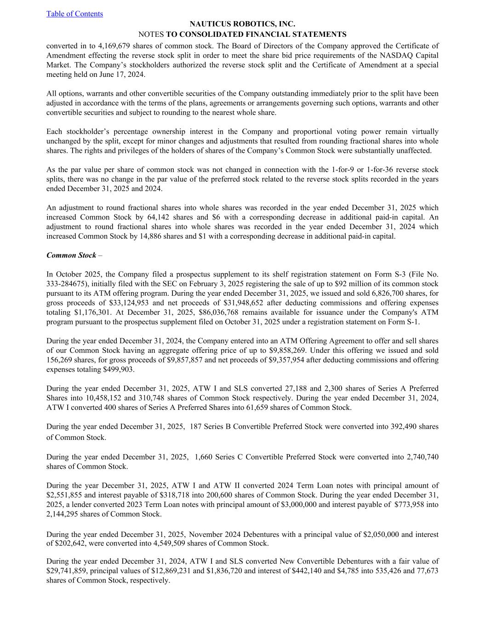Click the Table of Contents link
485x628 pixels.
pos(74,14)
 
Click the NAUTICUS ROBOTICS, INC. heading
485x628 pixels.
pos(242,24)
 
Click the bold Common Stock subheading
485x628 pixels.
pos(71,255)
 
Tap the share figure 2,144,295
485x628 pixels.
pos(65,514)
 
